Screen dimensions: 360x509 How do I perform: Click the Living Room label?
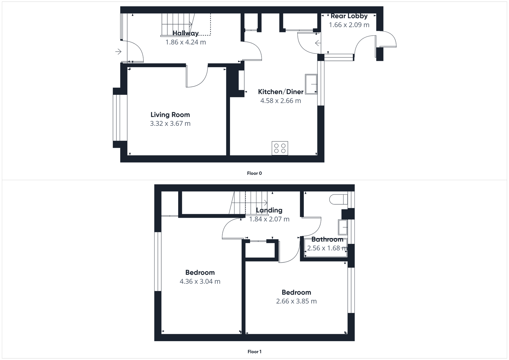pyautogui.click(x=170, y=115)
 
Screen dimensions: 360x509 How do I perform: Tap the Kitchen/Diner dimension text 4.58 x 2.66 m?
pyautogui.click(x=280, y=101)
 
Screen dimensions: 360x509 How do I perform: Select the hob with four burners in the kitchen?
pyautogui.click(x=280, y=148)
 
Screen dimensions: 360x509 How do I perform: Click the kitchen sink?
pyautogui.click(x=311, y=84)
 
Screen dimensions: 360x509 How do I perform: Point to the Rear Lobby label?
pyautogui.click(x=349, y=16)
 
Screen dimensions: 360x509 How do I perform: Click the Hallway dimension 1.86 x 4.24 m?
pyautogui.click(x=185, y=42)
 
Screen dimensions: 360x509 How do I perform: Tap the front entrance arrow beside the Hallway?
pyautogui.click(x=118, y=52)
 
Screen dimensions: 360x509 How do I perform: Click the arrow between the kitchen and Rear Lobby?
pyautogui.click(x=317, y=43)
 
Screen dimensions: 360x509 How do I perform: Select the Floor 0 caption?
pyautogui.click(x=254, y=173)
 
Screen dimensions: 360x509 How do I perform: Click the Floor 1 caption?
pyautogui.click(x=254, y=352)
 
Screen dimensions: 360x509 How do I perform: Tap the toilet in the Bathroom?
pyautogui.click(x=338, y=199)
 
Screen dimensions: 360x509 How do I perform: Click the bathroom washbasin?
pyautogui.click(x=343, y=227)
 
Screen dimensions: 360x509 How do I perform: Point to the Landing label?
pyautogui.click(x=269, y=210)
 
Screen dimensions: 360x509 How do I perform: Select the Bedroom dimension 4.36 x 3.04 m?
pyautogui.click(x=200, y=281)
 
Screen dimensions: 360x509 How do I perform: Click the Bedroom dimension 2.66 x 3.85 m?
pyautogui.click(x=296, y=301)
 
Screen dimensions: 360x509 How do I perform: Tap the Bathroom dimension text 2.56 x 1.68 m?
pyautogui.click(x=327, y=248)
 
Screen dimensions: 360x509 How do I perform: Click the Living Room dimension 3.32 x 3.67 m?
pyautogui.click(x=170, y=124)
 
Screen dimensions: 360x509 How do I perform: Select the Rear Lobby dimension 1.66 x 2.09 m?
pyautogui.click(x=349, y=25)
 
